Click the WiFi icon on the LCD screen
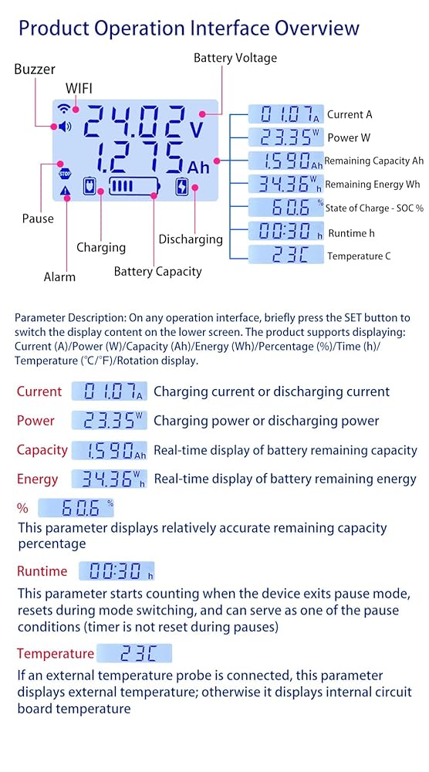coord(63,108)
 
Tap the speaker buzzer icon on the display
coord(65,127)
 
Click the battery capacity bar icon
coord(134,187)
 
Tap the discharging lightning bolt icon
coord(182,187)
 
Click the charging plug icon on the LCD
coord(89,187)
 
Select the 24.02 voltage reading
coord(134,122)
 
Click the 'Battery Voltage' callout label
coord(235,58)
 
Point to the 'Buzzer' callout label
coord(35,69)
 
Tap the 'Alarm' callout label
coord(59,276)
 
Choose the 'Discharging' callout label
coord(191,240)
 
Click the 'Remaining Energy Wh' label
coord(373,185)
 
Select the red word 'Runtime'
coord(42,571)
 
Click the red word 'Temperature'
coord(55,653)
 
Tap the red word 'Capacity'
coord(42,451)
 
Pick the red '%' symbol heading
coord(22,508)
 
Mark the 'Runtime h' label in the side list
coord(347,233)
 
